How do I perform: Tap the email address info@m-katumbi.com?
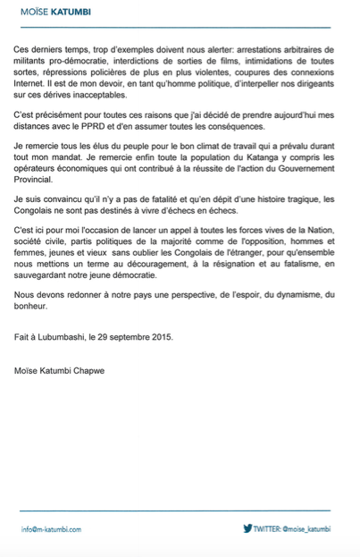(51, 528)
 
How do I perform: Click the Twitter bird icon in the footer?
(247, 527)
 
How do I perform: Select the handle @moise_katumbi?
(306, 528)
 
